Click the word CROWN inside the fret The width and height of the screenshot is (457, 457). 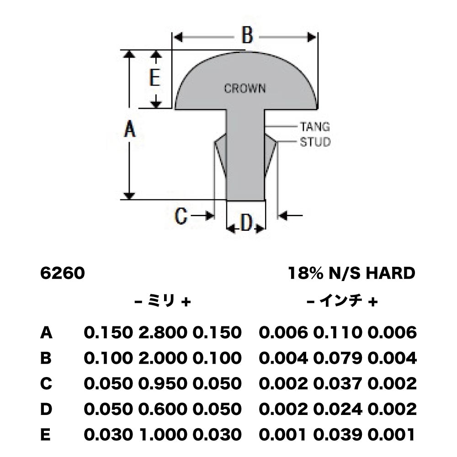tap(245, 88)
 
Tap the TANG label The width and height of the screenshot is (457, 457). tap(315, 127)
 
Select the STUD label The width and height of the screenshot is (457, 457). tap(315, 142)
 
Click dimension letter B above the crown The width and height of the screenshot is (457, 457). tap(247, 36)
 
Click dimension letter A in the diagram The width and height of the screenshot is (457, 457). tap(130, 129)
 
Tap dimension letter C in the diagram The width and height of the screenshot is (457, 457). tap(181, 216)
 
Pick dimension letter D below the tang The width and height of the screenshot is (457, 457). tap(247, 223)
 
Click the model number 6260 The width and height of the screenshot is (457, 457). tap(62, 273)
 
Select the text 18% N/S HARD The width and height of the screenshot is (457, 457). tap(351, 273)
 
